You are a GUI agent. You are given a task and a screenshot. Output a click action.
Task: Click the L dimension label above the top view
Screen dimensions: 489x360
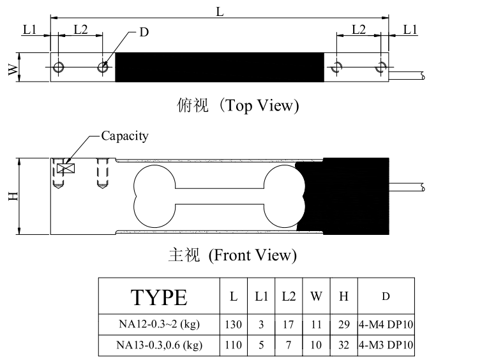[220, 12]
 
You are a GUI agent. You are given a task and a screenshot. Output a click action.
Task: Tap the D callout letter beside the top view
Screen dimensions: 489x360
[144, 32]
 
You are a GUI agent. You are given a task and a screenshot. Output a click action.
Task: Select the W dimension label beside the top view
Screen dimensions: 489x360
[13, 69]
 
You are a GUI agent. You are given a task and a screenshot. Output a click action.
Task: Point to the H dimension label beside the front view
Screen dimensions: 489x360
[13, 196]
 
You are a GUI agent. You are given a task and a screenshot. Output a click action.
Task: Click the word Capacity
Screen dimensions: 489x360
[124, 136]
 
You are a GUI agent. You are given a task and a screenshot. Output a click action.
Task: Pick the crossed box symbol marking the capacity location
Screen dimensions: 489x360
[66, 169]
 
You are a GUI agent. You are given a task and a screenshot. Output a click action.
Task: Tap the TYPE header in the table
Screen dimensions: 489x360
[159, 297]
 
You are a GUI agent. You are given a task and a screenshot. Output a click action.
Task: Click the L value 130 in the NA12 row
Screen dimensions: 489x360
[233, 324]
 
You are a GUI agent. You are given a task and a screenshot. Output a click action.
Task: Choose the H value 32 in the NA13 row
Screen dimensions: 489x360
[343, 345]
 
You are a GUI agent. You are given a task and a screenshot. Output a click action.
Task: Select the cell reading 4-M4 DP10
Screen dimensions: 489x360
[386, 324]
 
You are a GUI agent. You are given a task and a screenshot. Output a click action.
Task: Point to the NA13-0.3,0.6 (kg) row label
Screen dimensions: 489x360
[160, 345]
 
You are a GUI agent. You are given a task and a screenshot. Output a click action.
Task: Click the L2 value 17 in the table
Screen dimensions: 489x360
[288, 324]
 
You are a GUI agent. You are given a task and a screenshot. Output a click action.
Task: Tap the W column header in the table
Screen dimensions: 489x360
[316, 296]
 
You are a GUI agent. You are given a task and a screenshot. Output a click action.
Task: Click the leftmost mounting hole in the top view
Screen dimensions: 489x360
[58, 67]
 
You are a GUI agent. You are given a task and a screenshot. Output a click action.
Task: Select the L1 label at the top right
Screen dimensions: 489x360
[410, 29]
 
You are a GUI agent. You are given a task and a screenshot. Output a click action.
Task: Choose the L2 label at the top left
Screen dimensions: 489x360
[80, 29]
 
